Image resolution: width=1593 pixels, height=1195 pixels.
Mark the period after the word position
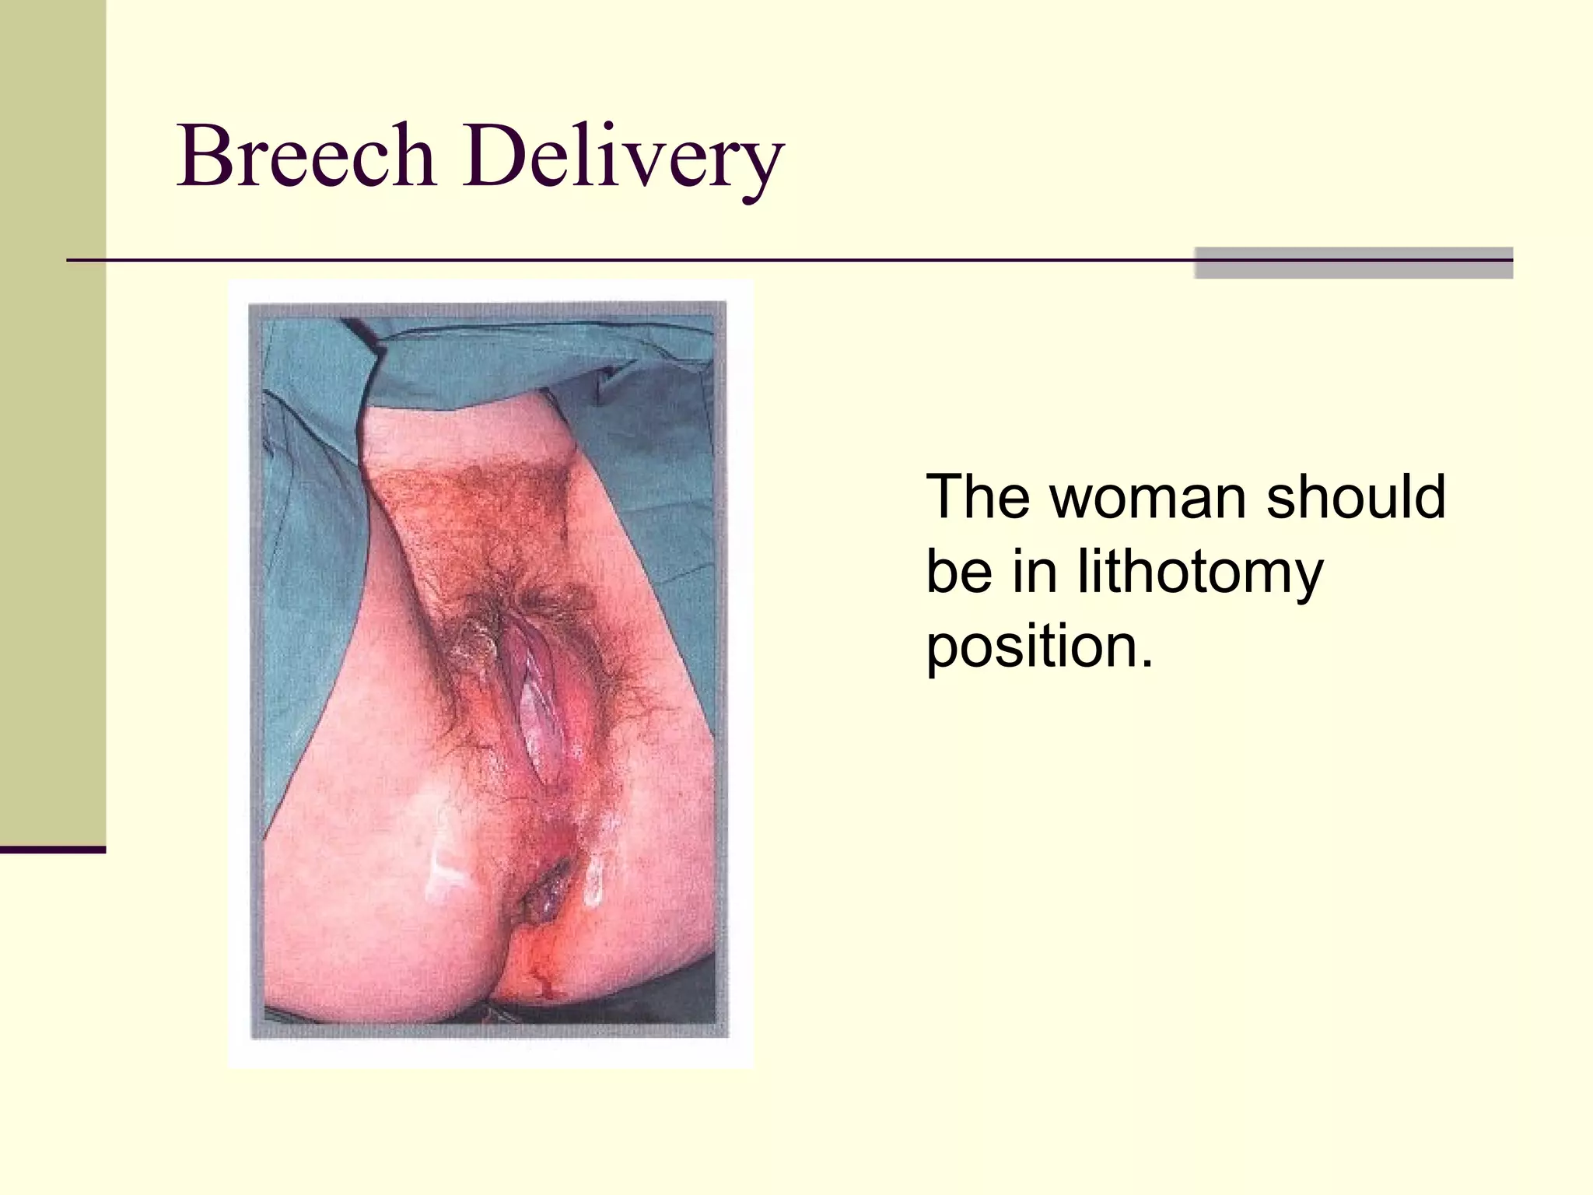pos(1146,665)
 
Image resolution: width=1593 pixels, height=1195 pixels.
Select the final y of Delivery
pos(762,167)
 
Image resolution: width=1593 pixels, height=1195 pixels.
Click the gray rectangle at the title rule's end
pos(1353,263)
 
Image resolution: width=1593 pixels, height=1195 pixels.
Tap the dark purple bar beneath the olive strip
pos(52,850)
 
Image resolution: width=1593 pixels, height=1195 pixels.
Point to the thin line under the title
pos(622,260)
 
